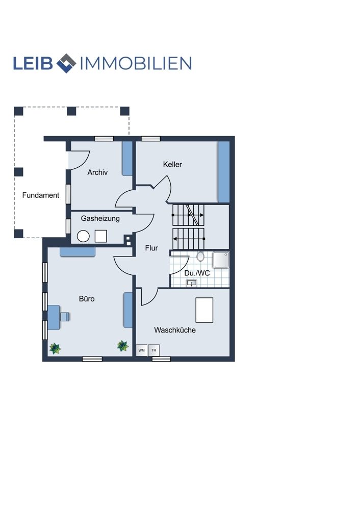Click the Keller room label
172,164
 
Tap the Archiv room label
97,172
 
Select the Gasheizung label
100,218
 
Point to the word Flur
151,248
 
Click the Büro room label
87,298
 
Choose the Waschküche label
175,330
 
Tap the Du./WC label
197,273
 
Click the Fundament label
41,195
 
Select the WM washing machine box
141,350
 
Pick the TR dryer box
154,350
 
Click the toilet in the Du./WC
200,257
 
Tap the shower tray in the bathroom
221,260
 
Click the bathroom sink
192,283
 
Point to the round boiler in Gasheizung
83,236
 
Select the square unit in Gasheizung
101,236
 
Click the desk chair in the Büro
65,317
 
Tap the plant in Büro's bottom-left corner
55,348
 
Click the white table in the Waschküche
204,310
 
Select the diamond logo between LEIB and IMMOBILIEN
66,63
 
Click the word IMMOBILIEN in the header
136,63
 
